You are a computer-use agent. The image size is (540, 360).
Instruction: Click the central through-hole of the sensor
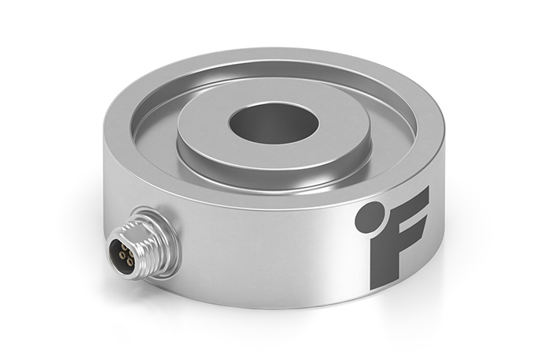(272, 123)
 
